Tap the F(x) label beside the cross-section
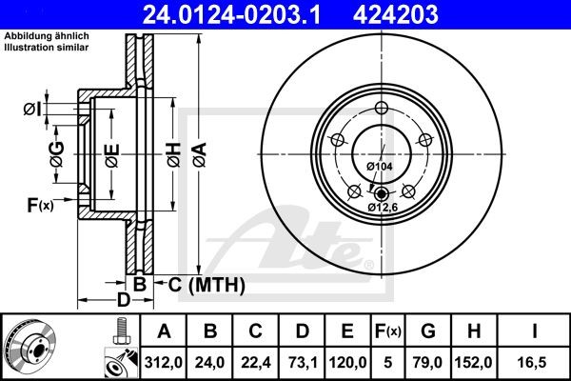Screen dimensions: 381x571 pos(39,204)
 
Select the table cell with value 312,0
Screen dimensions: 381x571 pos(164,362)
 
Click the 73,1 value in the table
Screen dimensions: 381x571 pos(302,362)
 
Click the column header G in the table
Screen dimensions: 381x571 pos(428,331)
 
